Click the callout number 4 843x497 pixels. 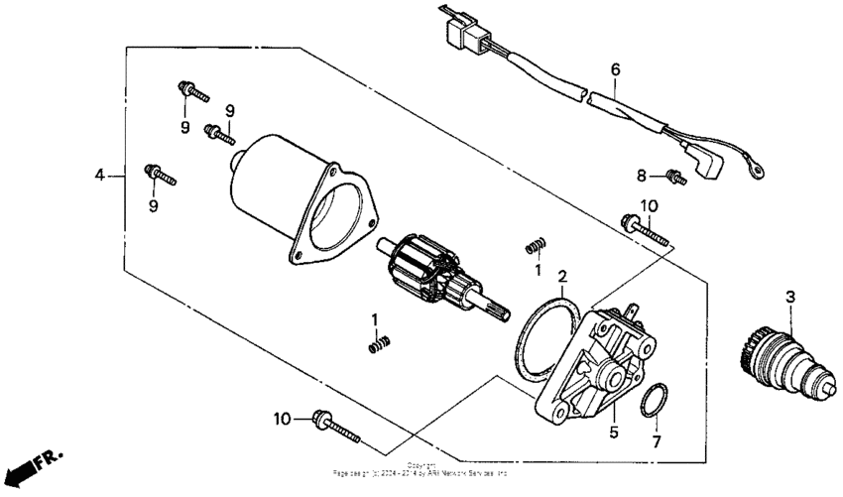pyautogui.click(x=99, y=176)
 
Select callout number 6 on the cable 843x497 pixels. pyautogui.click(x=615, y=69)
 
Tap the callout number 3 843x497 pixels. pyautogui.click(x=790, y=296)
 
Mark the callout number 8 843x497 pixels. pyautogui.click(x=642, y=176)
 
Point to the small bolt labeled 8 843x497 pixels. pyautogui.click(x=676, y=178)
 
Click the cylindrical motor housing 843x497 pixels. pyautogui.click(x=288, y=193)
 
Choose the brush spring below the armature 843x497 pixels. pyautogui.click(x=377, y=344)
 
